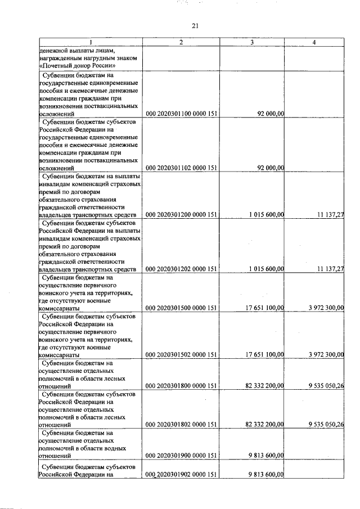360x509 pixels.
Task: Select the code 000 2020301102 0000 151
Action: tap(181, 167)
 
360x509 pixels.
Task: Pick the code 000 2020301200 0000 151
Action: tap(181, 215)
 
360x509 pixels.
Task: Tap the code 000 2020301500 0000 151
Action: tap(181, 308)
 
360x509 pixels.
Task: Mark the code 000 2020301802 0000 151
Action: tap(181, 425)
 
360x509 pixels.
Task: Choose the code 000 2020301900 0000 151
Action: tap(181, 456)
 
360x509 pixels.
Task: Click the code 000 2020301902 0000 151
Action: tap(181, 475)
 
